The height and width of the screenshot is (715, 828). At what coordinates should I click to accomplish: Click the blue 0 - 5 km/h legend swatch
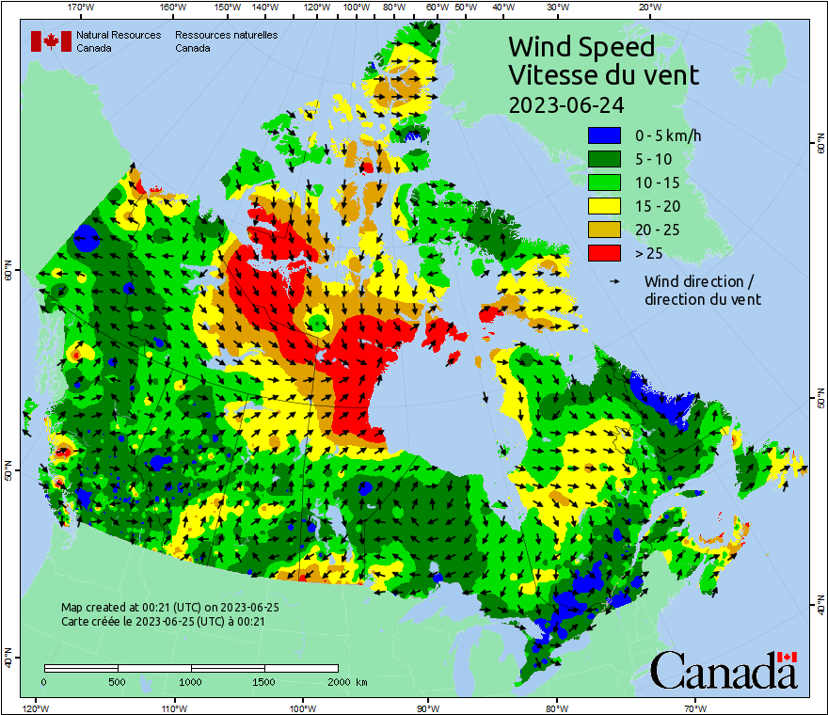(604, 136)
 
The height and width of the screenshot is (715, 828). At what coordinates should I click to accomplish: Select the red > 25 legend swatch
(604, 252)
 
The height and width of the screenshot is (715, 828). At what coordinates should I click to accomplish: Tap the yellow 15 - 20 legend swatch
(604, 206)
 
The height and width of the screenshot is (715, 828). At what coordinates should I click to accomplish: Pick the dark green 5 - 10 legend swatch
(604, 160)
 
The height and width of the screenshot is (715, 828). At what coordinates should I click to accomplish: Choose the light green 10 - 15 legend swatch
(604, 183)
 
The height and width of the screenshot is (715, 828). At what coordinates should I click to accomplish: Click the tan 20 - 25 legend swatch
(604, 229)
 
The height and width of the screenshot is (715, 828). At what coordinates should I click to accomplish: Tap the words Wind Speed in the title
(581, 46)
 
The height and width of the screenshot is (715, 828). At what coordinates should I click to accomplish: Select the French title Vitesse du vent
(603, 74)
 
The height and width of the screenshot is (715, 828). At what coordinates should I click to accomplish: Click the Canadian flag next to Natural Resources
(51, 41)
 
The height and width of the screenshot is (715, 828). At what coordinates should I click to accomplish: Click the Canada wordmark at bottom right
(724, 670)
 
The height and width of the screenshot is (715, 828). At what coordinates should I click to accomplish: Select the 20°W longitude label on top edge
(647, 8)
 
